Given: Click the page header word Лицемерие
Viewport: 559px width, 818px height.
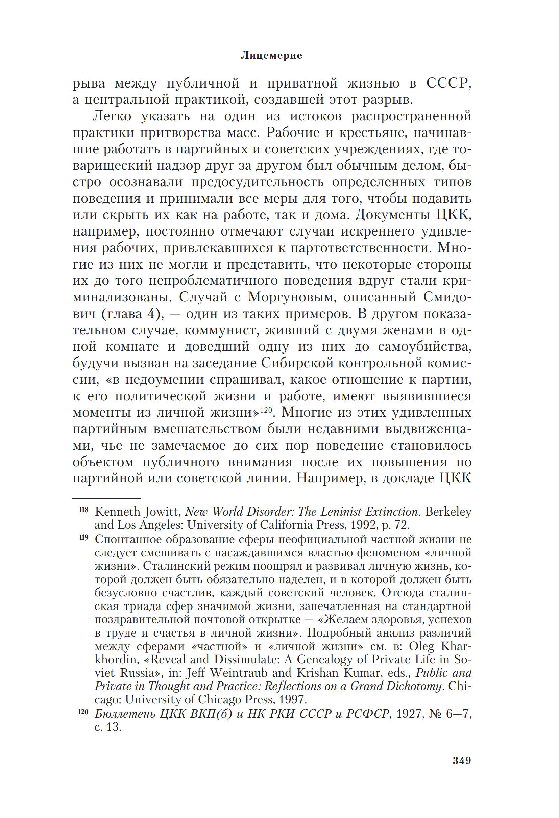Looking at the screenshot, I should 271,56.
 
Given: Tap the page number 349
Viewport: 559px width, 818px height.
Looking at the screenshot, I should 461,761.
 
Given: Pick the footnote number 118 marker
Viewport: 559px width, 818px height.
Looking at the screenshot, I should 84,510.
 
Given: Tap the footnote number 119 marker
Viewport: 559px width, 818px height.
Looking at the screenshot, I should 84,538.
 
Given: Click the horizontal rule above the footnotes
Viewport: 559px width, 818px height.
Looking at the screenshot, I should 106,499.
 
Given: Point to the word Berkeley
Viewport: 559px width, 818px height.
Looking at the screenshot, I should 448,512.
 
